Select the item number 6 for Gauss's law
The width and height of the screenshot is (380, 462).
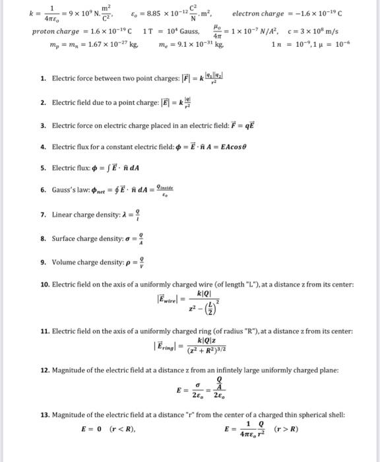pos(43,189)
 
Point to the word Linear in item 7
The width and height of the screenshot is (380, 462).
pos(64,214)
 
